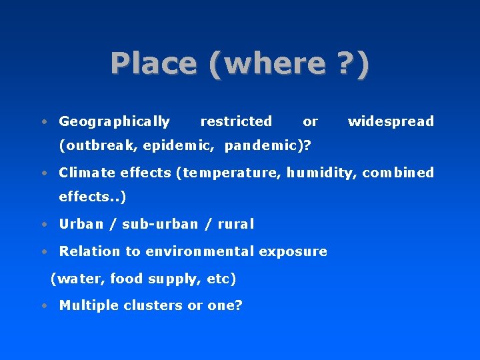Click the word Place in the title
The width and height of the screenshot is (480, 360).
(154, 63)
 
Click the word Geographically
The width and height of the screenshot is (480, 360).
(114, 121)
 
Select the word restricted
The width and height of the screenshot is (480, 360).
(236, 121)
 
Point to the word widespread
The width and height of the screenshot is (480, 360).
(391, 121)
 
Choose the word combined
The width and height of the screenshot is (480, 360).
(398, 173)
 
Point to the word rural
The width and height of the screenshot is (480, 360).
(236, 224)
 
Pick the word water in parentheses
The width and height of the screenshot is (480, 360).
(79, 279)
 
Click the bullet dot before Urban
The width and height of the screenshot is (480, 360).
(43, 225)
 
